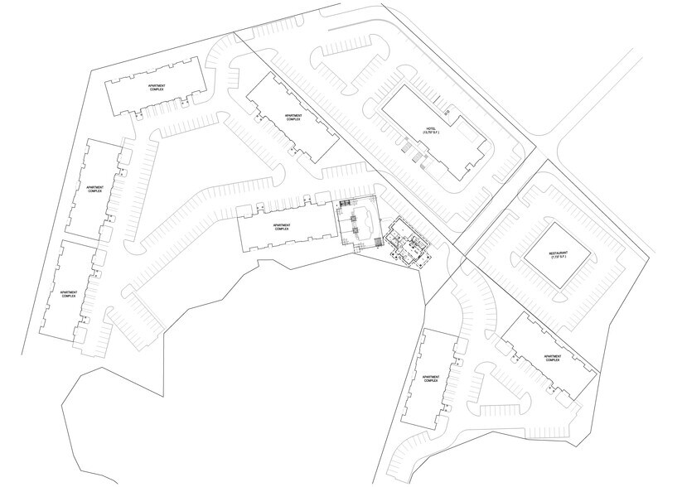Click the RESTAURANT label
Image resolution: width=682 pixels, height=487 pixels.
561,253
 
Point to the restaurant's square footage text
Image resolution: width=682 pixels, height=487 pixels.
561,259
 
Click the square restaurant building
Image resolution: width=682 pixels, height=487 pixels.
560,256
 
